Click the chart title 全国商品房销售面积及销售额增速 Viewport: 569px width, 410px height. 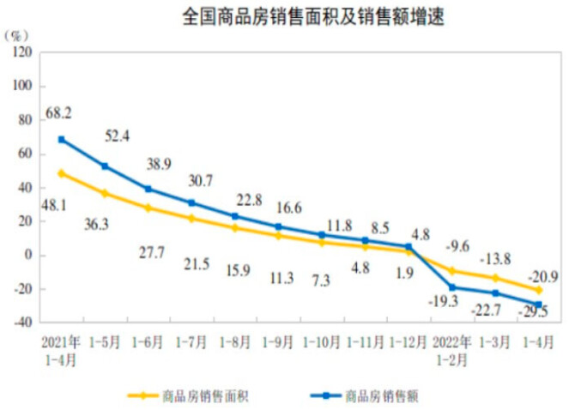tap(313, 17)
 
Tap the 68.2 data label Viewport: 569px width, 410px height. tap(58, 113)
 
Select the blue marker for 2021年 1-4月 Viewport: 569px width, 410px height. tap(61, 140)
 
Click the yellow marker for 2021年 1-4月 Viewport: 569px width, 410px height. tap(61, 173)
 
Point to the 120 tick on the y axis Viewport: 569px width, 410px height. tap(22, 52)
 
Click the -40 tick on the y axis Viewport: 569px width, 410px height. tap(23, 323)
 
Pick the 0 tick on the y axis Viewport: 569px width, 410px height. tap(28, 255)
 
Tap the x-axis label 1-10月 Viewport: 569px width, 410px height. tap(322, 342)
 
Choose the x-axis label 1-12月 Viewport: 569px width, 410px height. tap(408, 342)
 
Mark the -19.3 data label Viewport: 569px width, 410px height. tap(444, 301)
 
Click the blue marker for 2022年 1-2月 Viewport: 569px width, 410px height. tap(452, 287)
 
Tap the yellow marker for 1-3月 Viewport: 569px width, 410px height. tap(495, 278)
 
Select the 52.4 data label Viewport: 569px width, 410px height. tap(118, 136)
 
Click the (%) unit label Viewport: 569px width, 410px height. tap(15, 36)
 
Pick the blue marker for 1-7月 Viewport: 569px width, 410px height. tap(191, 202)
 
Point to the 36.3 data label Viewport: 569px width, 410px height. tap(96, 225)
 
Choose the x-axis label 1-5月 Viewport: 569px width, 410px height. tap(105, 342)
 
